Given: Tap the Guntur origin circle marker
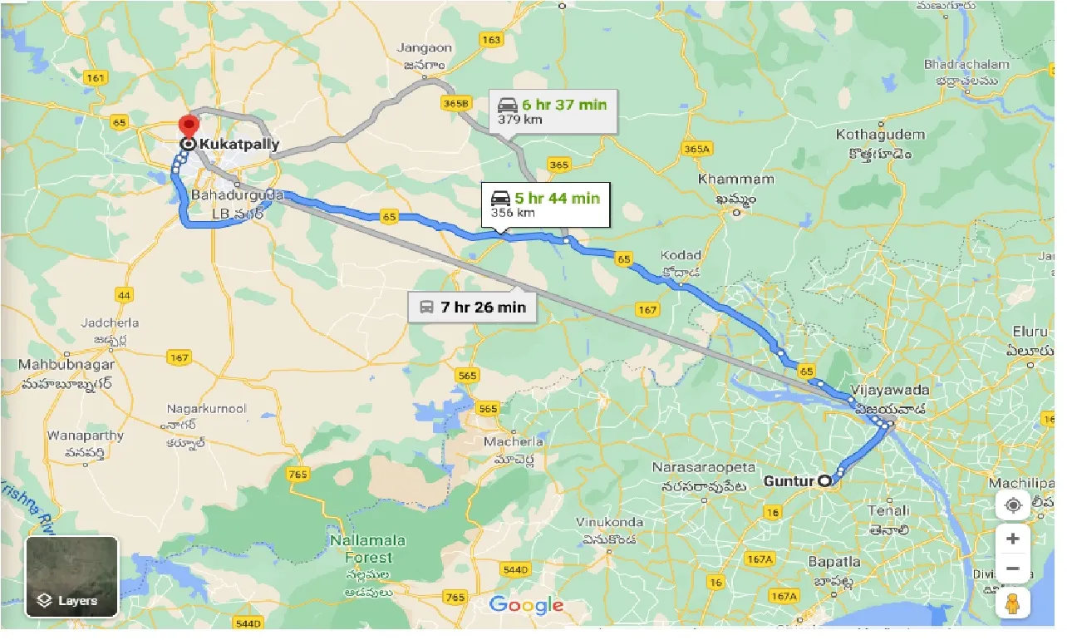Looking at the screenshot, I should tap(824, 480).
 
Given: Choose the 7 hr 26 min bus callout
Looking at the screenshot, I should tap(472, 307).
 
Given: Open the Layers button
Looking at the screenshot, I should tap(71, 577).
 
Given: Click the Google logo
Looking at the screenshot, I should tap(526, 604).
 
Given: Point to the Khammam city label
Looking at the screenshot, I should tap(735, 180).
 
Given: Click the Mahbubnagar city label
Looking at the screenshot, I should tap(58, 365).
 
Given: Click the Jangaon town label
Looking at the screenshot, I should tap(424, 48).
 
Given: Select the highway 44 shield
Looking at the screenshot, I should tap(125, 295).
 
